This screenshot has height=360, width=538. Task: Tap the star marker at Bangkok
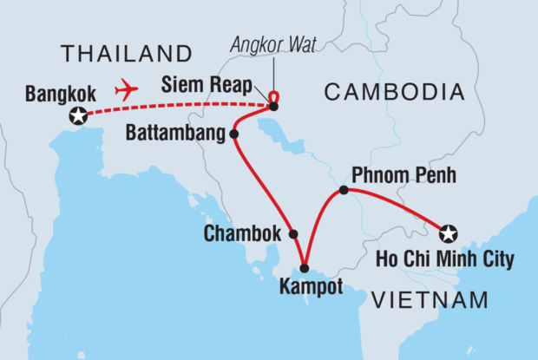[79, 115]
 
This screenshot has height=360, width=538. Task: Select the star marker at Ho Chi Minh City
[448, 232]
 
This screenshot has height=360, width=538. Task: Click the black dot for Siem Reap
[273, 107]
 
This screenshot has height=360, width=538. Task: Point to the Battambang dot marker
[233, 134]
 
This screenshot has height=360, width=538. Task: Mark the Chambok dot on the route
[293, 234]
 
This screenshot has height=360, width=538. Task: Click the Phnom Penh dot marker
[344, 190]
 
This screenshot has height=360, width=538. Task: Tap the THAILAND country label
[125, 54]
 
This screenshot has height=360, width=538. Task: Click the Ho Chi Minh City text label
[444, 259]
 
